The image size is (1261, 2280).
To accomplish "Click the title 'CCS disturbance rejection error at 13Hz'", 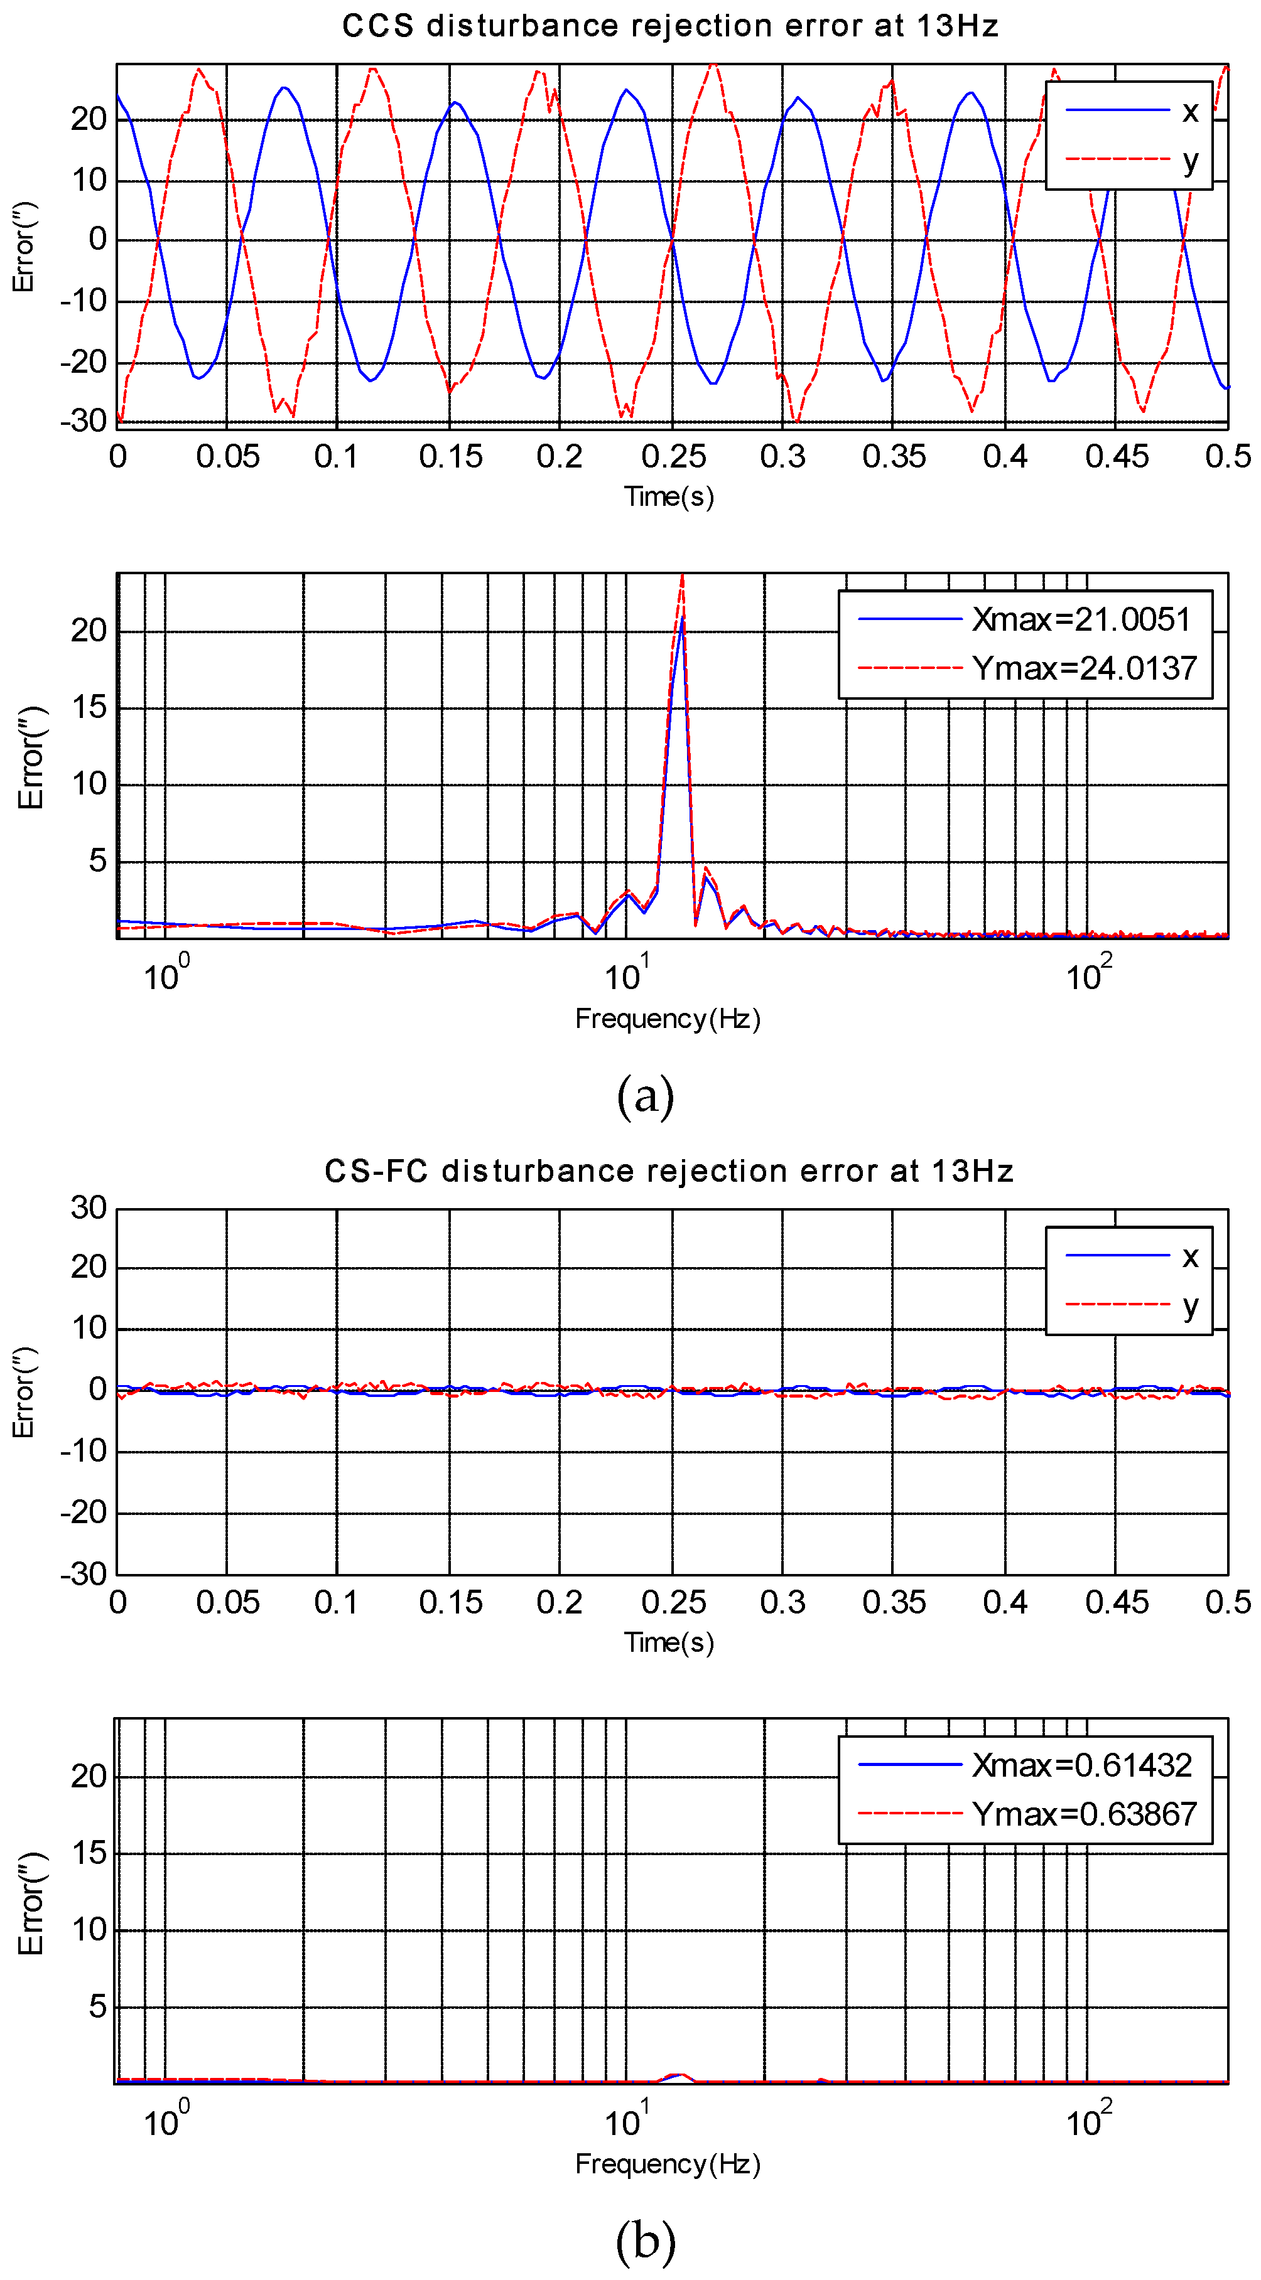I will [669, 26].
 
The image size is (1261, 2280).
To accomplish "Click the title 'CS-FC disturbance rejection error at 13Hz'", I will [669, 1171].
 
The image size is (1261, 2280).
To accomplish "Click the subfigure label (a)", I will [645, 1096].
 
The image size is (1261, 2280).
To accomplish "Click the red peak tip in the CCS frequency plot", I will [682, 575].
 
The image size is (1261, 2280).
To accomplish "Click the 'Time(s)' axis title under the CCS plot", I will [669, 496].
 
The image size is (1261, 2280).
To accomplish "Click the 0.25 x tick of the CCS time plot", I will [673, 457].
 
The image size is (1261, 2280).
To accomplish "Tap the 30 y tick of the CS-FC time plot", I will [89, 1208].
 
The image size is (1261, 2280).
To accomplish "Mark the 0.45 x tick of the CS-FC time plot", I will [1117, 1602].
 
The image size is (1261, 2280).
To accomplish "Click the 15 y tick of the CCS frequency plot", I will [89, 707].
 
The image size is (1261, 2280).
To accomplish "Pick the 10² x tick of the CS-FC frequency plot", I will [1088, 2120].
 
